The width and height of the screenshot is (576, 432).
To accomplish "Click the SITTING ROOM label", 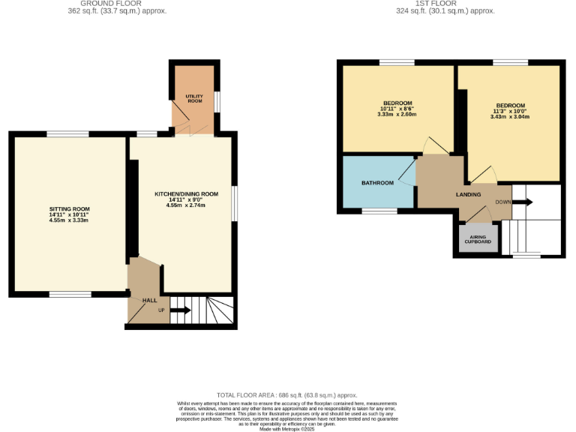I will [x=69, y=208].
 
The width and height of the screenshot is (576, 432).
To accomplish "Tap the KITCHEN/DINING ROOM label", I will [x=186, y=193].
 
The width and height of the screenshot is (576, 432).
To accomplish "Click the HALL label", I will [x=150, y=300].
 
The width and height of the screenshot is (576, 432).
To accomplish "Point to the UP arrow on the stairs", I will [x=179, y=310].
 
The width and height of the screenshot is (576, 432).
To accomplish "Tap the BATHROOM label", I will [x=377, y=183].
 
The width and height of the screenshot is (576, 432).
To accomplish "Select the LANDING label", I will [x=469, y=195].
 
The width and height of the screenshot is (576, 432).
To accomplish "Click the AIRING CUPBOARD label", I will [x=478, y=239].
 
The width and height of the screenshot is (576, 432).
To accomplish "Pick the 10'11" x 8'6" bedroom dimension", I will [x=397, y=109].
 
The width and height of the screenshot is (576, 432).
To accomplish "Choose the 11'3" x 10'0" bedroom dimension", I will [x=509, y=111].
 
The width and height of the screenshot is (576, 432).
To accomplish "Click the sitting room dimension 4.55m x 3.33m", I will [x=69, y=220].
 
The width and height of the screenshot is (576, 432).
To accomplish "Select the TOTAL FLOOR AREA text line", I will [x=287, y=395].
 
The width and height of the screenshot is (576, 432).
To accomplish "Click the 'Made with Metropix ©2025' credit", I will [x=288, y=429].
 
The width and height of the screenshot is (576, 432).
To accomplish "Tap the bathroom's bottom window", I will [x=379, y=211].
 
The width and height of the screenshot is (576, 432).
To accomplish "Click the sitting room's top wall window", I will [x=67, y=134].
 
